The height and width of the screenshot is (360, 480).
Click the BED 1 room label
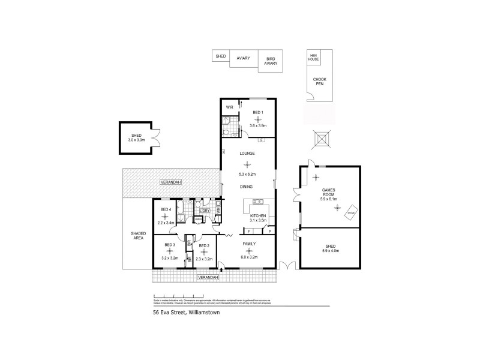[257, 112]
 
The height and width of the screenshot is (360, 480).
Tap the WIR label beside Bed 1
[229, 107]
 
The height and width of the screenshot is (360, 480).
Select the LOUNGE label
[247, 154]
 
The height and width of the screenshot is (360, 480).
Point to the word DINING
[247, 187]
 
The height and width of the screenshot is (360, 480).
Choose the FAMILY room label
[250, 244]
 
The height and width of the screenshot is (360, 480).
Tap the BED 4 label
[166, 209]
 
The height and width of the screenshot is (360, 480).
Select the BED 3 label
[170, 245]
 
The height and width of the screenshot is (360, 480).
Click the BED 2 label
[204, 245]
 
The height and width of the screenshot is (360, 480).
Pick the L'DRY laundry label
[205, 211]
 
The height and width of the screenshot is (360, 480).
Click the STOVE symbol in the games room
[352, 212]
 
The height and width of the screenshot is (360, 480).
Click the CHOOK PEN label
[320, 82]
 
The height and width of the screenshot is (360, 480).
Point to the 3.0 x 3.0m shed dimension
[136, 140]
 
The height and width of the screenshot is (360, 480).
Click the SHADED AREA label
[138, 236]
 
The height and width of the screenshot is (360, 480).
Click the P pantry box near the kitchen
[270, 231]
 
